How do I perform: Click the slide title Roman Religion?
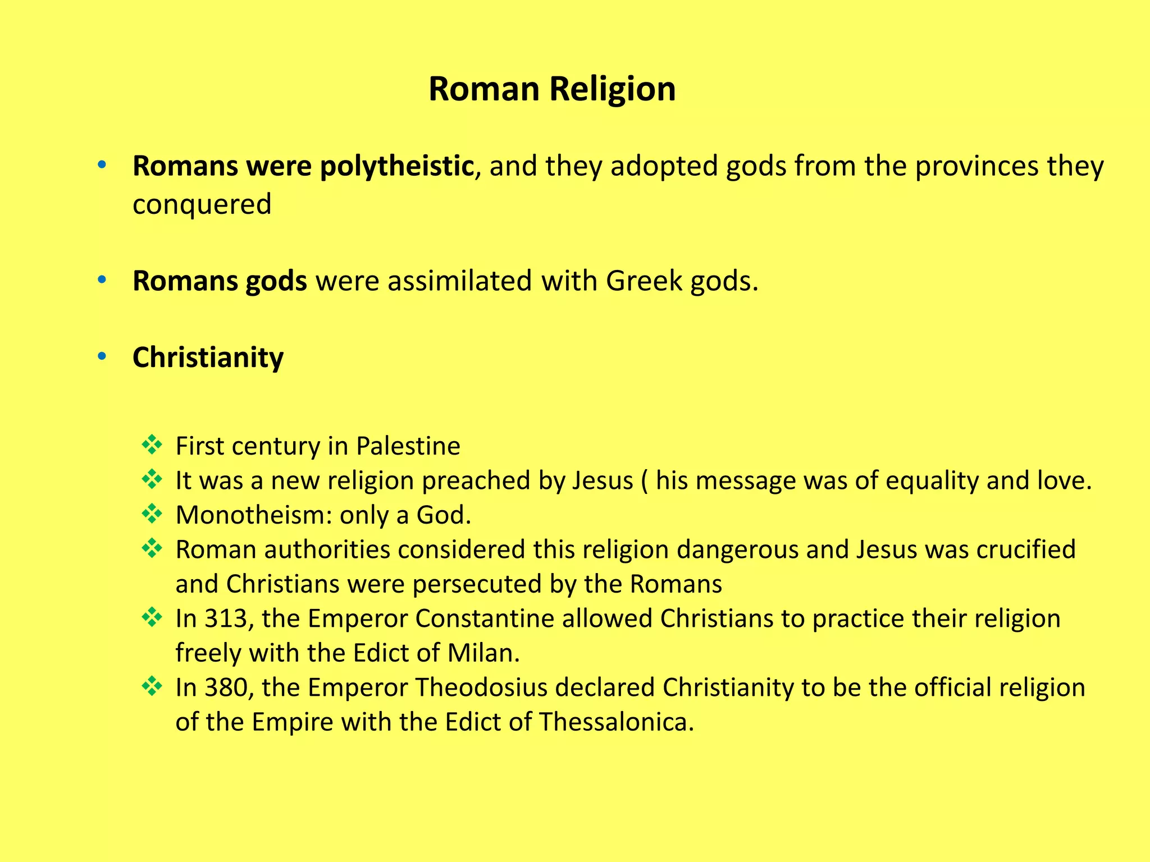pos(552,89)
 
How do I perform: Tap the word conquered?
pos(202,204)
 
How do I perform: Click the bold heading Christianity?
pos(208,357)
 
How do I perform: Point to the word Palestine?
pos(408,446)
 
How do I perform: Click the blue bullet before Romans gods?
pos(102,279)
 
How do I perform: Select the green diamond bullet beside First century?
pos(152,445)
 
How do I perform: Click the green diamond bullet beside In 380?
pos(152,686)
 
